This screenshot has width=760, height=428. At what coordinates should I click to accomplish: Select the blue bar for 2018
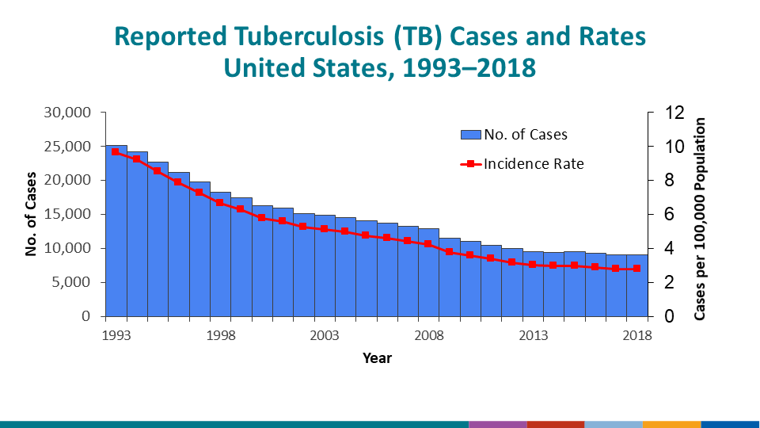636,285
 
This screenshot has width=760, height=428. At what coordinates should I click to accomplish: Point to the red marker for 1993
116,151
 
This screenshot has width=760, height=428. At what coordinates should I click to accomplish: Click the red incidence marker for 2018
636,269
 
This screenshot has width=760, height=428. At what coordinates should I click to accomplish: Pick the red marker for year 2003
324,229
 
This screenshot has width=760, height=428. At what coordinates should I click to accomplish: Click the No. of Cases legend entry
515,135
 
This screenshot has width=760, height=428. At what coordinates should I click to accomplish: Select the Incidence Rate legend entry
522,164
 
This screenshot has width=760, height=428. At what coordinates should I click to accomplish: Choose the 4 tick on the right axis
669,248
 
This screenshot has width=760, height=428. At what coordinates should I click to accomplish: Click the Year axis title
377,358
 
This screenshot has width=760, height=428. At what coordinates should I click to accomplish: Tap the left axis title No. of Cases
32,214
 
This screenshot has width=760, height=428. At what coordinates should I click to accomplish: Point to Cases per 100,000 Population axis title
700,220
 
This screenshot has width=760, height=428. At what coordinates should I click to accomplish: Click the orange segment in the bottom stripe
671,424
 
